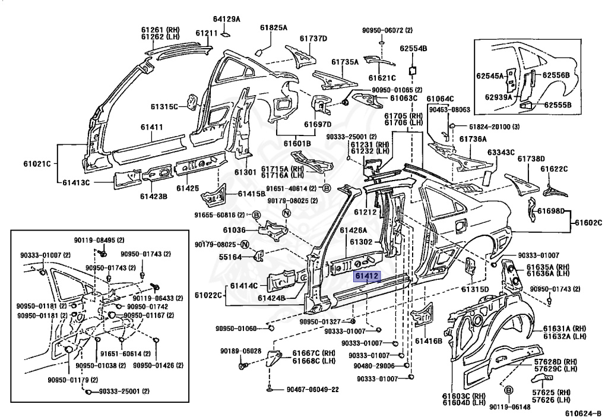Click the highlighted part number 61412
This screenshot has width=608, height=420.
[x=367, y=276]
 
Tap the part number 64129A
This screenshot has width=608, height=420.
[x=226, y=19]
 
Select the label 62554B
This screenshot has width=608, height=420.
[x=414, y=49]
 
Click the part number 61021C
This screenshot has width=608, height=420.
[x=37, y=163]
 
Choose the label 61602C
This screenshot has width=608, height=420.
[x=588, y=223]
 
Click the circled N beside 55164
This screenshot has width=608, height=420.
[x=245, y=244]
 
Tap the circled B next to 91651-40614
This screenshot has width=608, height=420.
[x=327, y=188]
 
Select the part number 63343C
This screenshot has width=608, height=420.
[x=501, y=153]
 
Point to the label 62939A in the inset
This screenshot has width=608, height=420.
[x=498, y=97]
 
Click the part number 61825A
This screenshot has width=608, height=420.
[x=273, y=27]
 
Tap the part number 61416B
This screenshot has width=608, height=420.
[x=429, y=341]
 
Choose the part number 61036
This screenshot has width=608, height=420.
[x=234, y=230]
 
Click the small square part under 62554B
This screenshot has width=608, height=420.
[x=413, y=71]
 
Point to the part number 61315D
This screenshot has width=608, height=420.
[x=474, y=289]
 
